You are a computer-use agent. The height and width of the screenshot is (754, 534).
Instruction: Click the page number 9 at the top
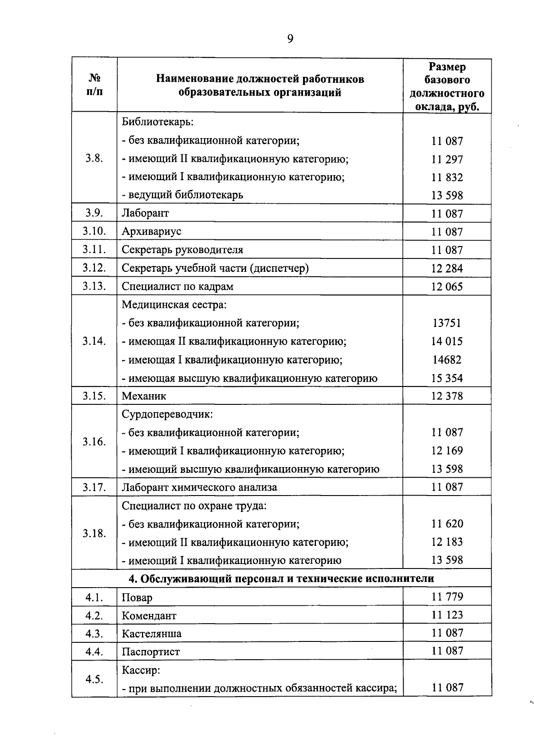(x=290, y=39)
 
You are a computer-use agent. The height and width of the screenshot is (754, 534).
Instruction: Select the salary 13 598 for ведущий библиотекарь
(x=447, y=195)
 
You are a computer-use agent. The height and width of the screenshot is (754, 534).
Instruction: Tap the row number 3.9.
(x=94, y=213)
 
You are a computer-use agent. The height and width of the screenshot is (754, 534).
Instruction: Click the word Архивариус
(x=151, y=231)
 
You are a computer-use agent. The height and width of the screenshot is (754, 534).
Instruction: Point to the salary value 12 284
(x=447, y=268)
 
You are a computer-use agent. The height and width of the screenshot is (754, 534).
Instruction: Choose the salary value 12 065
(x=447, y=286)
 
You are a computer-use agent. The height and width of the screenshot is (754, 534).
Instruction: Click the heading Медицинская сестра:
(x=174, y=305)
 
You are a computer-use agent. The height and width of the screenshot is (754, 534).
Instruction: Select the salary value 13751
(x=447, y=323)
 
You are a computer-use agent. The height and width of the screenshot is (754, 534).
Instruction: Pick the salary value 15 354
(x=447, y=378)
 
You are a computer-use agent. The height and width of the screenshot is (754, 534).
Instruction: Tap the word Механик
(x=144, y=396)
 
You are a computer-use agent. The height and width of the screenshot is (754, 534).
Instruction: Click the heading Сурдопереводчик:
(x=167, y=414)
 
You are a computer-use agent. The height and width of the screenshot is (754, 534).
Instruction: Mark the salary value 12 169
(x=447, y=451)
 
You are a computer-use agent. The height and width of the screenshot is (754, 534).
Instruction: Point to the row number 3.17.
(x=94, y=487)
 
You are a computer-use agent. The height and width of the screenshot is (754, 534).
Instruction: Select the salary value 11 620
(x=447, y=524)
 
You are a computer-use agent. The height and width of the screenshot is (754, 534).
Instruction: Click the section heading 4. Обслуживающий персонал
(x=281, y=578)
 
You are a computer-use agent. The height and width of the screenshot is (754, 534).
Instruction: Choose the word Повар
(x=137, y=597)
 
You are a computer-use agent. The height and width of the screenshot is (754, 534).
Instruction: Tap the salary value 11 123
(x=447, y=615)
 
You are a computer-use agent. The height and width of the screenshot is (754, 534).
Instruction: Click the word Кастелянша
(x=151, y=633)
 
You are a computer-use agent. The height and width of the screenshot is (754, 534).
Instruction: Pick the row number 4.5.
(x=94, y=679)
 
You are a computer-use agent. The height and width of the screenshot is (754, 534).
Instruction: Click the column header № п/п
(x=94, y=85)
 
